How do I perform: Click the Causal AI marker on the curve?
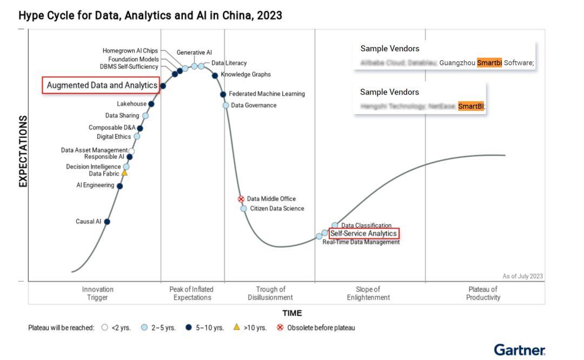pyautogui.click(x=107, y=222)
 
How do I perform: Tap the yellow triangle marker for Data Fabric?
pyautogui.click(x=124, y=173)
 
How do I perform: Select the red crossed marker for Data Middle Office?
pyautogui.click(x=241, y=199)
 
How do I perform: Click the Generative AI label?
pyautogui.click(x=194, y=52)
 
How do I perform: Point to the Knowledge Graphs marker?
pyautogui.click(x=215, y=76)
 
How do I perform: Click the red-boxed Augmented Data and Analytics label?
pyautogui.click(x=102, y=85)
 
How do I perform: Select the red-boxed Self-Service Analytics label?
pyautogui.click(x=363, y=234)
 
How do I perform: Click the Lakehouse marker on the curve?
pyautogui.click(x=151, y=104)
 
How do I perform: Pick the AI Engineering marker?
pyautogui.click(x=120, y=186)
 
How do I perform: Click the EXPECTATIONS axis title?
pyautogui.click(x=23, y=151)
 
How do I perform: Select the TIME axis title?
pyautogui.click(x=292, y=313)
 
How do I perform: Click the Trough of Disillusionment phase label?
pyautogui.click(x=270, y=294)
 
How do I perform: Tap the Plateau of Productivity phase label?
pyautogui.click(x=483, y=294)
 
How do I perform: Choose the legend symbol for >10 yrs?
pyautogui.click(x=236, y=327)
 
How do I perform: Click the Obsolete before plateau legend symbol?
pyautogui.click(x=280, y=328)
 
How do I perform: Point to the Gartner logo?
pyautogui.click(x=519, y=350)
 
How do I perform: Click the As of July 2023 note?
pyautogui.click(x=522, y=276)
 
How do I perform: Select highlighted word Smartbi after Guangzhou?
pyautogui.click(x=489, y=63)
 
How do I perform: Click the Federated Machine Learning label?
pyautogui.click(x=267, y=94)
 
